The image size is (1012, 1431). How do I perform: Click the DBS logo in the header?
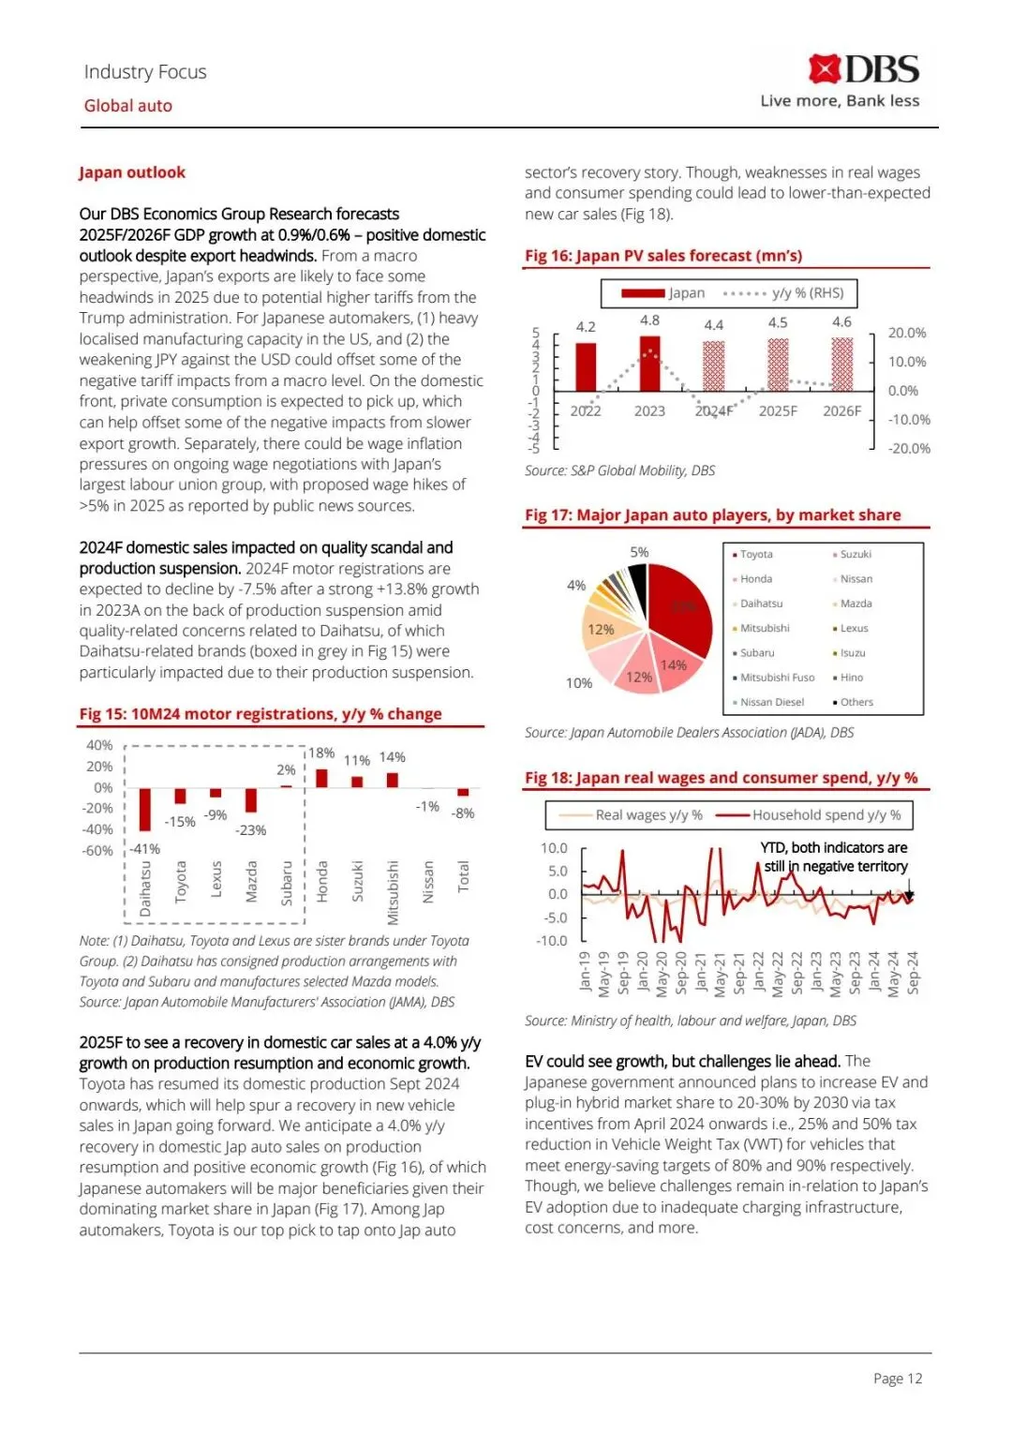click(x=863, y=69)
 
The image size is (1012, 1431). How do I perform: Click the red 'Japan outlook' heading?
click(x=132, y=172)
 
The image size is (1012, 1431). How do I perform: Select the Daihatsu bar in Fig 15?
click(x=145, y=809)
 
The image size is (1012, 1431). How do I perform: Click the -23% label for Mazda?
click(x=251, y=830)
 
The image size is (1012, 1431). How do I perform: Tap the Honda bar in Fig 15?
click(x=321, y=778)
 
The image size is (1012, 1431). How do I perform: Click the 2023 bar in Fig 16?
click(x=649, y=364)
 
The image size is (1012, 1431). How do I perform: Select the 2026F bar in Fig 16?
click(x=841, y=365)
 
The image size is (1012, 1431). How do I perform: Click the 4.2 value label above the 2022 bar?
click(x=586, y=327)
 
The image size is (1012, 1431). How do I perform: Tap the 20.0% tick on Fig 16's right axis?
click(x=907, y=333)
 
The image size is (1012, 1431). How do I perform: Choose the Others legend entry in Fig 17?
click(x=855, y=702)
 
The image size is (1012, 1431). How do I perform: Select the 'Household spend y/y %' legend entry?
click(x=826, y=815)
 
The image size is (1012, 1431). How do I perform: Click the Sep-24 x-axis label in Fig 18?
click(x=914, y=972)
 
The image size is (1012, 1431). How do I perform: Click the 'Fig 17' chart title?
click(x=712, y=515)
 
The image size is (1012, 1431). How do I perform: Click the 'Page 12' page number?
click(x=898, y=1379)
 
